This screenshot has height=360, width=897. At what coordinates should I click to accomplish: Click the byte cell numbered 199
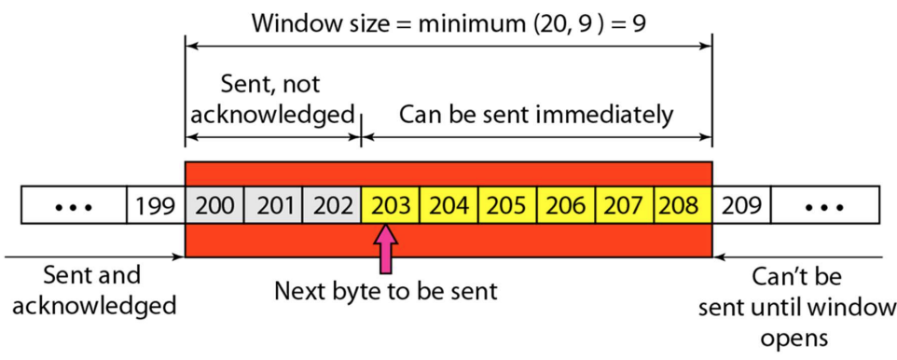[x=156, y=205]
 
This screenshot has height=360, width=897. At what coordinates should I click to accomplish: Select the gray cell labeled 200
[x=214, y=205]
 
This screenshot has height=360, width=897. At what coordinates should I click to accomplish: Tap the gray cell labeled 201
[x=273, y=205]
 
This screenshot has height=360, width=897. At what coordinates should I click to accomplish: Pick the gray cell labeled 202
[x=332, y=205]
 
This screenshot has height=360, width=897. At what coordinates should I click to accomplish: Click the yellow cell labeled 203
[x=391, y=205]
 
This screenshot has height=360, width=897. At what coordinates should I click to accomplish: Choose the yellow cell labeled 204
[x=449, y=205]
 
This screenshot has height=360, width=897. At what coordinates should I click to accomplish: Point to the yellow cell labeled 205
[x=508, y=205]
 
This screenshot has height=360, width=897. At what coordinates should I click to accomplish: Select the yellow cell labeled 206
[x=567, y=205]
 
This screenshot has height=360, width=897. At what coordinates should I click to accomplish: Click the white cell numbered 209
[x=742, y=205]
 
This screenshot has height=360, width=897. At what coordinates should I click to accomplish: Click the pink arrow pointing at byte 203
[x=386, y=249]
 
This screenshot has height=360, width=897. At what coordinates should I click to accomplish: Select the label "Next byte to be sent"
[x=386, y=291]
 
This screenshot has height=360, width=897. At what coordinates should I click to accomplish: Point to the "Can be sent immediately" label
[x=536, y=115]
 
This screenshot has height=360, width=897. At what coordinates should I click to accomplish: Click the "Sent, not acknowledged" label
[x=270, y=99]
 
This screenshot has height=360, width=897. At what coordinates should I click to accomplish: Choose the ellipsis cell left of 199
[x=74, y=205]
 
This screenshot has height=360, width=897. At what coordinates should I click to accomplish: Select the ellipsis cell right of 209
[x=825, y=205]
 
